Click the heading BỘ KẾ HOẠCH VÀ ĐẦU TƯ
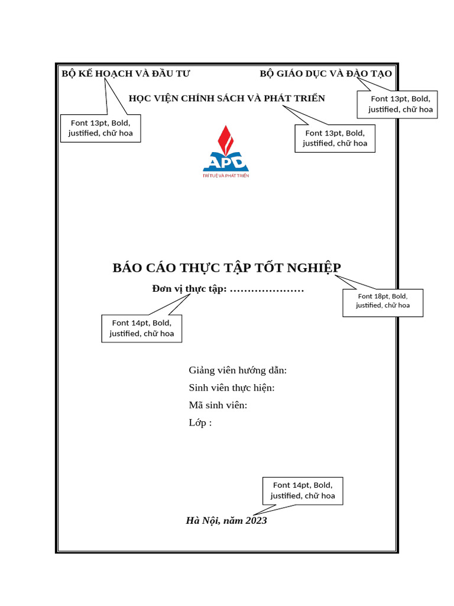click(126, 73)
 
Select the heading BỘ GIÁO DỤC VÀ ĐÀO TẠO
click(326, 73)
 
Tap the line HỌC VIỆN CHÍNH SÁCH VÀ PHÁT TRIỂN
click(227, 98)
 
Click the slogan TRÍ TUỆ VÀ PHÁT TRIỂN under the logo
click(225, 176)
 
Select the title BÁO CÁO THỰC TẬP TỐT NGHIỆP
click(226, 267)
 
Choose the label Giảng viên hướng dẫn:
click(238, 370)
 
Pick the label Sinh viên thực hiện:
click(232, 388)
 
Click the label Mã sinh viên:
click(218, 405)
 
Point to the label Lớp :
click(200, 423)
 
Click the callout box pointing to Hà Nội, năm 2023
click(303, 490)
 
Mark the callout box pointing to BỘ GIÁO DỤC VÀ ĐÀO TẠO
click(397, 104)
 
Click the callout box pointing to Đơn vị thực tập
click(141, 328)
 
